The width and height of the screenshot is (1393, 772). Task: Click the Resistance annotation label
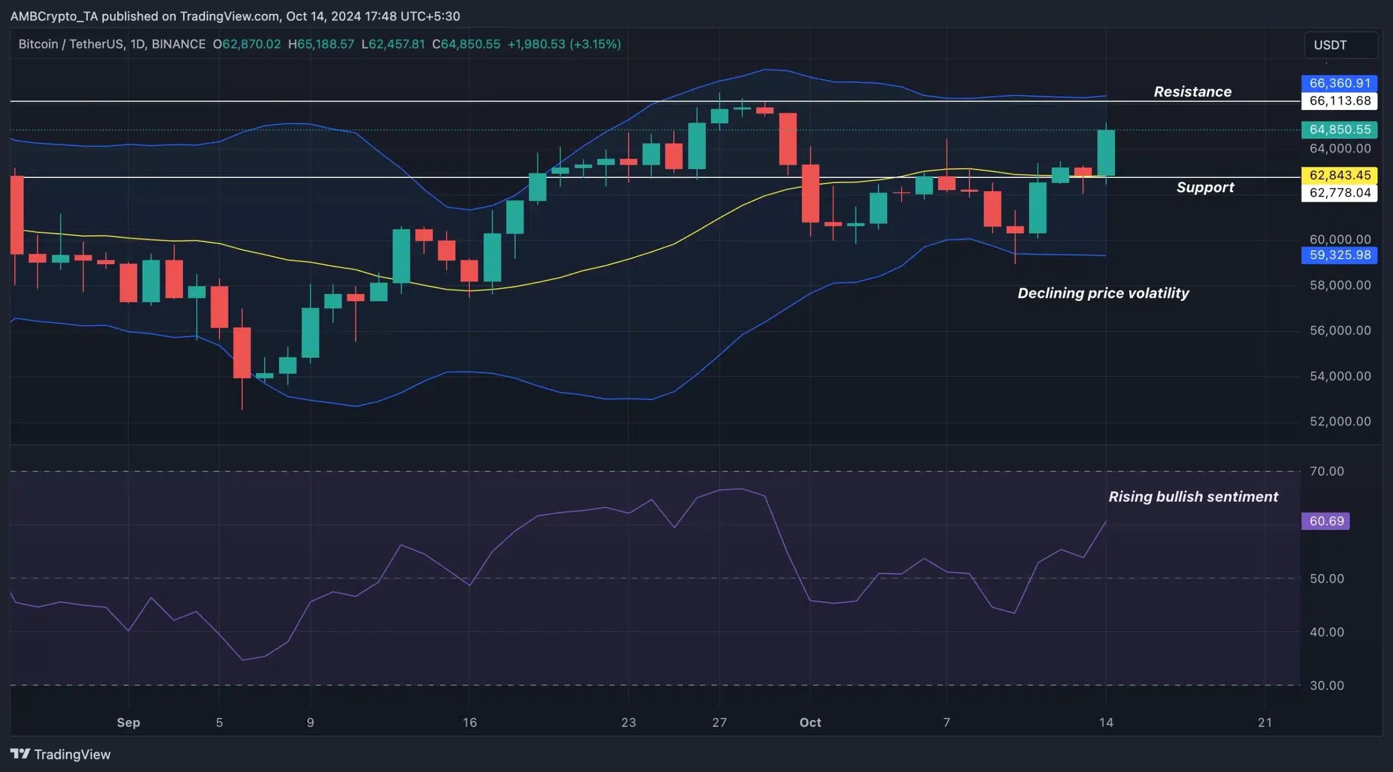click(x=1192, y=92)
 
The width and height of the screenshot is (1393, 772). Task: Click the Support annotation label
click(x=1205, y=187)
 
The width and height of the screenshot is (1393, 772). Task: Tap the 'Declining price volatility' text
click(x=1103, y=293)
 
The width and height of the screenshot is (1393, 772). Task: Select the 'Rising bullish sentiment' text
click(x=1193, y=496)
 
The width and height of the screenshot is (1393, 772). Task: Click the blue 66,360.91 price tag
click(x=1339, y=83)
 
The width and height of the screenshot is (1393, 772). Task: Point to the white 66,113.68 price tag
click(x=1339, y=101)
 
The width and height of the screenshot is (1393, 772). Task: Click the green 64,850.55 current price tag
click(x=1339, y=130)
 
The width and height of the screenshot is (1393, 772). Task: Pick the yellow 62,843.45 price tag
click(x=1339, y=175)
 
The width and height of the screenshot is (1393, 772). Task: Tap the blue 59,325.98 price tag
click(x=1339, y=255)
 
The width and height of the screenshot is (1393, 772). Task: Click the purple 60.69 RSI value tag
click(x=1326, y=521)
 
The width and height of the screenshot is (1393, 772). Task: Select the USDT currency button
click(x=1340, y=45)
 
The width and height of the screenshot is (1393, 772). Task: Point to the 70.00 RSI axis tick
click(x=1326, y=471)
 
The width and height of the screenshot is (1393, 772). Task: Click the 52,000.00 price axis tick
click(x=1340, y=422)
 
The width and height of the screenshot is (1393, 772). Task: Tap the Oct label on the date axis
click(x=810, y=722)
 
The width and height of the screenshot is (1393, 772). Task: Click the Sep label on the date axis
click(x=128, y=722)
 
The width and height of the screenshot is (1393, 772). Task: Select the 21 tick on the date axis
click(x=1265, y=722)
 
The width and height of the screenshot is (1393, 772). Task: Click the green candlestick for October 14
click(x=1106, y=153)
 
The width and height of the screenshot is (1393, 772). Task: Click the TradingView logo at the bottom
click(x=61, y=754)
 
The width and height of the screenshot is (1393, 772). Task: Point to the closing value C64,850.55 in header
click(x=466, y=44)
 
